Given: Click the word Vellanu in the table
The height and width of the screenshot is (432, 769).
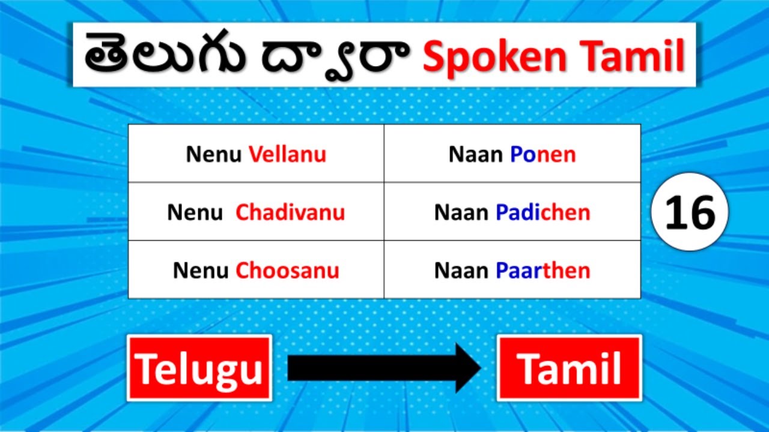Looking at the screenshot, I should tap(287, 155).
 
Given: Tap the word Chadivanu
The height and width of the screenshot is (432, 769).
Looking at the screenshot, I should tap(290, 212).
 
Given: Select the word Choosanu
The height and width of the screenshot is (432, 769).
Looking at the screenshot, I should tap(287, 271).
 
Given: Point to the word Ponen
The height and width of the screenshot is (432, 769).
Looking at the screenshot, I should tap(543, 155).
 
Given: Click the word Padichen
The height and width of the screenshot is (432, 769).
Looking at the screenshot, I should tap(543, 212).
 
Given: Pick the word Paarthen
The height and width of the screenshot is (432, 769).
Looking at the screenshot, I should tap(543, 271).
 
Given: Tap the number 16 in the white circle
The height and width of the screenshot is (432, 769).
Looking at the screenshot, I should tap(690, 212).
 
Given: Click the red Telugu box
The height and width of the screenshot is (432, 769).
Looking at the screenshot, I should tap(199, 368).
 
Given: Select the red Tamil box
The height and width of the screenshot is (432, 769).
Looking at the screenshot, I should tap(569, 368).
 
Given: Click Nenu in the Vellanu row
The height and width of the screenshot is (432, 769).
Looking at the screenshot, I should tap(214, 155).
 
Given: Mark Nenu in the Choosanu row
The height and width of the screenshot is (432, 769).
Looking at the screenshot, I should tap(201, 271).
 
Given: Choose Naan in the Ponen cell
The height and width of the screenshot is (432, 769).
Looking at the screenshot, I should tap(476, 155).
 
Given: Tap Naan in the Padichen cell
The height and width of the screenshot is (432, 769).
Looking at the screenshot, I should tap(461, 212).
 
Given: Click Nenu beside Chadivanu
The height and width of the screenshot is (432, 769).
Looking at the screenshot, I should tap(195, 212).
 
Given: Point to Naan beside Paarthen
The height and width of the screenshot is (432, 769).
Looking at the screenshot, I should tap(461, 271).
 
